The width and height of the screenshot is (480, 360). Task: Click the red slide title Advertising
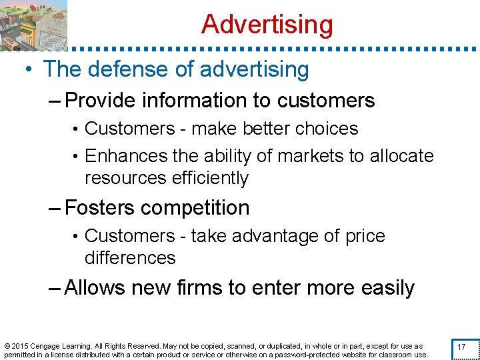pos(267,25)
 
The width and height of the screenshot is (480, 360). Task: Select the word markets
pos(303,156)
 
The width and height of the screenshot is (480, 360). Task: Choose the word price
pos(366,236)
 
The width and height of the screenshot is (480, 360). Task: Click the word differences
pos(130,258)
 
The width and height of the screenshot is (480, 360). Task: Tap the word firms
pos(209,287)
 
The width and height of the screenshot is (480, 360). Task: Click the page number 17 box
pos(460,347)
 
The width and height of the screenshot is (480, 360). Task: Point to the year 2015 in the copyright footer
pos(18,346)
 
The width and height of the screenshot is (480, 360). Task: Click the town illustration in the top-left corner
pos(33,25)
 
